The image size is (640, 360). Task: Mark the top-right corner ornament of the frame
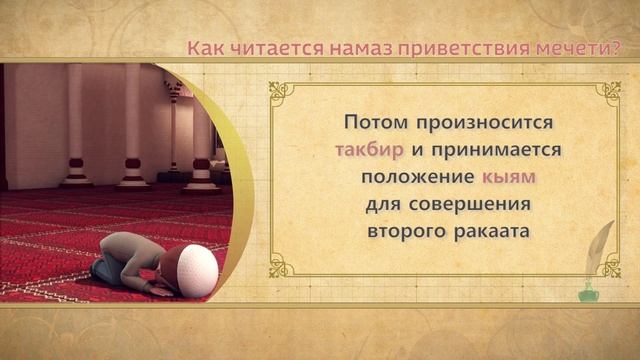pos(608,94)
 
